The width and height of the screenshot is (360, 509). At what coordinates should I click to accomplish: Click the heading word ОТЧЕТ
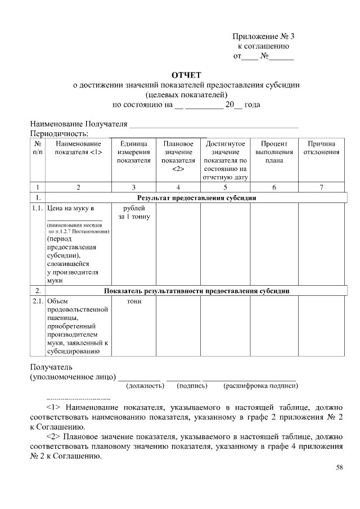[186, 75]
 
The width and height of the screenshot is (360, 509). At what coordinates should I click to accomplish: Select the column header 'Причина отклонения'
[321, 148]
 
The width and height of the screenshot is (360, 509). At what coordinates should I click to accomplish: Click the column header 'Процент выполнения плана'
[274, 152]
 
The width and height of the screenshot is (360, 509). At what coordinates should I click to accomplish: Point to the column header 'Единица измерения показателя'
[133, 152]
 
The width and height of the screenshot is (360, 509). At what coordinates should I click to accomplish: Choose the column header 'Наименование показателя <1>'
[78, 148]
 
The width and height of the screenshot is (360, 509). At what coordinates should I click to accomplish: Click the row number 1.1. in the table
[37, 208]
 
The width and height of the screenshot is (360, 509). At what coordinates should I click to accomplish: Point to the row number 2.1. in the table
[37, 301]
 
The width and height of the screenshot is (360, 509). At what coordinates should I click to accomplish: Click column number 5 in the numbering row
[225, 187]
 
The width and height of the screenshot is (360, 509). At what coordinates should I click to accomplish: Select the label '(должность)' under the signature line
[145, 386]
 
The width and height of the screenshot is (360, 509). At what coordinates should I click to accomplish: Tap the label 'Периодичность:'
[59, 133]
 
